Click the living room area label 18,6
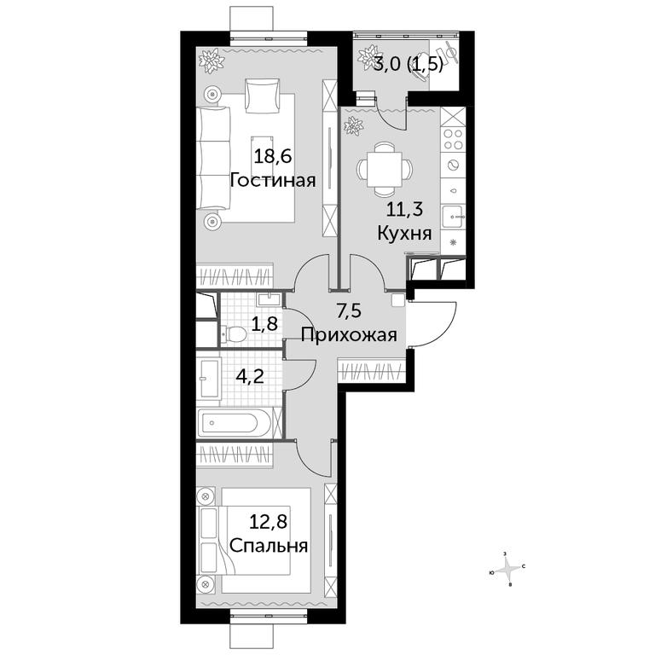(x=272, y=157)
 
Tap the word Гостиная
(x=272, y=181)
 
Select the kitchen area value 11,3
(x=404, y=209)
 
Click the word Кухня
(x=404, y=233)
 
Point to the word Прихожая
(x=348, y=335)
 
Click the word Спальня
(x=269, y=546)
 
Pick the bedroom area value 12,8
(x=269, y=522)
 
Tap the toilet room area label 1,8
(x=264, y=323)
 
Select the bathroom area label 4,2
(x=249, y=377)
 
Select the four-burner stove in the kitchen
(x=453, y=139)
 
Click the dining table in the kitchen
(x=385, y=170)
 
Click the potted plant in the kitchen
(x=352, y=125)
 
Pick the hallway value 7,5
(x=348, y=311)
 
